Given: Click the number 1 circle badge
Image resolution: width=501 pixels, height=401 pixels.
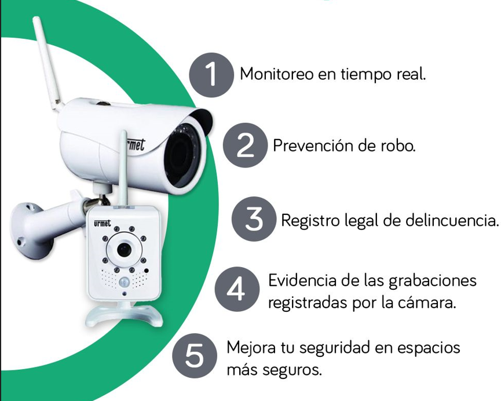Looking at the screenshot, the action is click(x=211, y=75).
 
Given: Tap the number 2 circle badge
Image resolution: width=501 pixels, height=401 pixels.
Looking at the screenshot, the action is click(x=245, y=145).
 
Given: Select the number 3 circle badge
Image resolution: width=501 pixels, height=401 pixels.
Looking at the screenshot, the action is click(x=254, y=219).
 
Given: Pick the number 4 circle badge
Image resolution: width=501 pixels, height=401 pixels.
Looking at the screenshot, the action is click(x=237, y=289).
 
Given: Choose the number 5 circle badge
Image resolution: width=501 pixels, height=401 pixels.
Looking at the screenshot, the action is click(x=194, y=356).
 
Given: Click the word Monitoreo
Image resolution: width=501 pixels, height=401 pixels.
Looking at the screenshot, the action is click(x=277, y=74).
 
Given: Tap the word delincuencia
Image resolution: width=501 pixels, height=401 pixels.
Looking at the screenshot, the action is click(x=452, y=220).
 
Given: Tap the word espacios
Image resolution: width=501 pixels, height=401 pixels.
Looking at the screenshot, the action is click(x=429, y=348).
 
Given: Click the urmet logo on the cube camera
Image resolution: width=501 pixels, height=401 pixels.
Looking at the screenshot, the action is click(x=103, y=223).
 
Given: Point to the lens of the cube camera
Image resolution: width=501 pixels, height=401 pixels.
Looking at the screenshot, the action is click(x=123, y=249).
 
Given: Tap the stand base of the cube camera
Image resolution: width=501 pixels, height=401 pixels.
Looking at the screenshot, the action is click(x=125, y=315).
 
